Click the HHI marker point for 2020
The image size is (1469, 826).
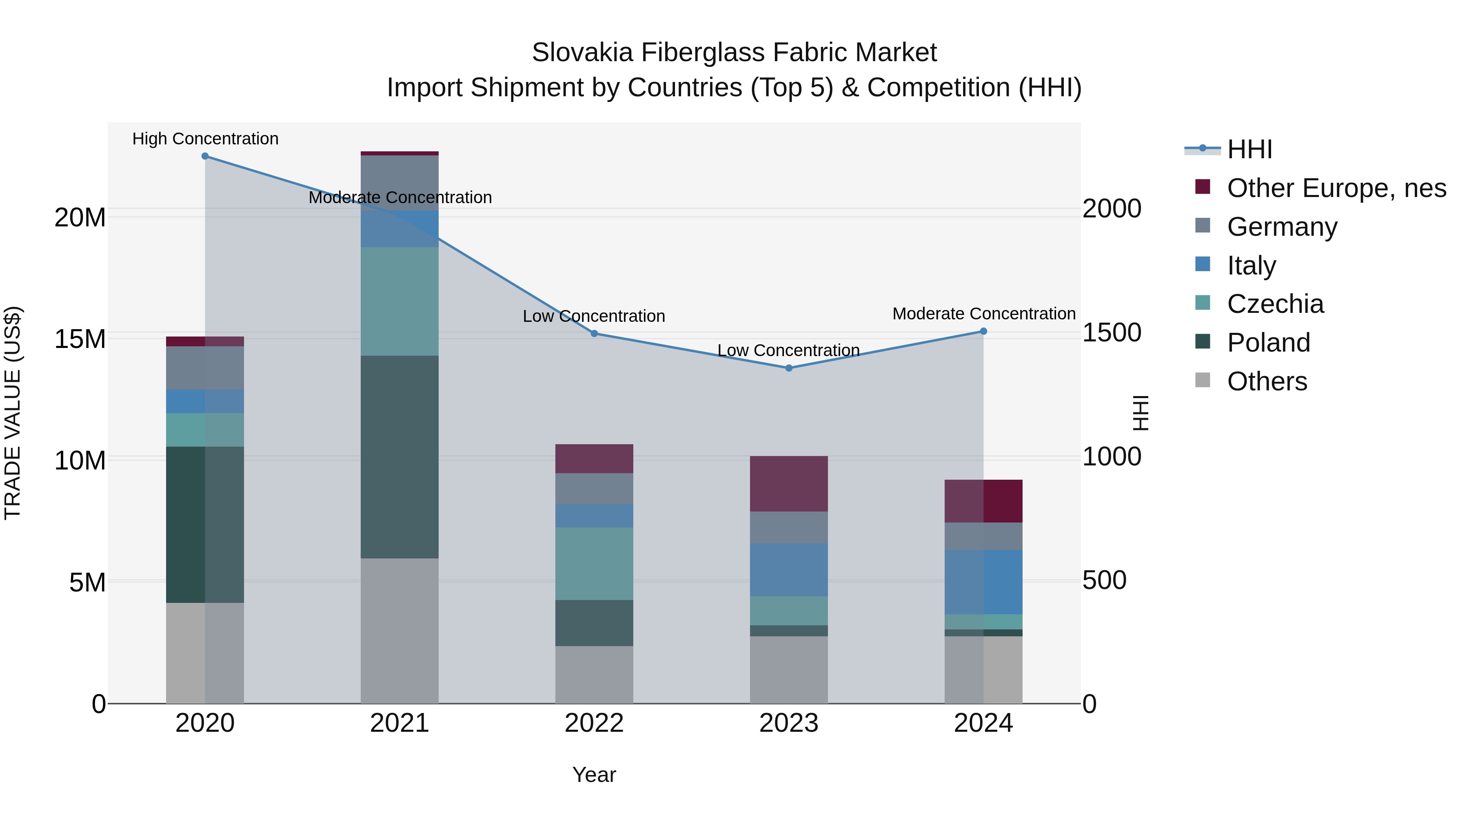pos(205,156)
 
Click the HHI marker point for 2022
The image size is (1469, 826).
pos(594,334)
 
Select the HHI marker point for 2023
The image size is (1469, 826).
pos(789,368)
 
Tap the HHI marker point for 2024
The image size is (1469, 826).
pos(983,331)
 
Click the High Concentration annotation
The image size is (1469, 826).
pos(205,139)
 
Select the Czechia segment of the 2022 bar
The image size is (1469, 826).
pos(594,563)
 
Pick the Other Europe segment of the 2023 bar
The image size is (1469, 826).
pos(789,483)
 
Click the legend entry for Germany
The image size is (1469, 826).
pos(1282,227)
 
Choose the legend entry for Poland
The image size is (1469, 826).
pos(1268,343)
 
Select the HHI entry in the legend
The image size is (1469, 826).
pos(1249,149)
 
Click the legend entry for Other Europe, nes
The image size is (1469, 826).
pos(1336,188)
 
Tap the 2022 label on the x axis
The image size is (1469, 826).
pos(594,723)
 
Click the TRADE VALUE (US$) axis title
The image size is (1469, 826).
pos(13,413)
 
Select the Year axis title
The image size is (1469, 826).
pos(594,775)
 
